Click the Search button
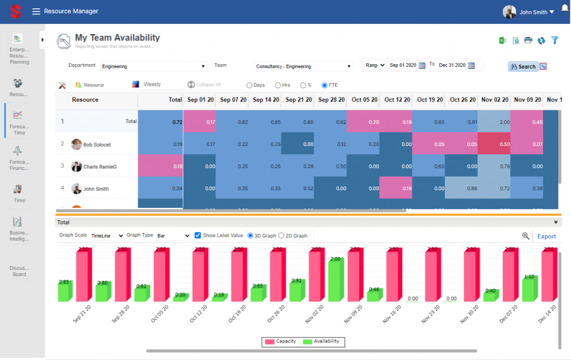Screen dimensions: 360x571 click(x=523, y=66)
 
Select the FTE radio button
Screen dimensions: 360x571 click(x=325, y=85)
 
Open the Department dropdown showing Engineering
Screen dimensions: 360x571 click(x=153, y=66)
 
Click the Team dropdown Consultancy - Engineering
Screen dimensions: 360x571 click(x=303, y=66)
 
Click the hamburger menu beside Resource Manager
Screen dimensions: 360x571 click(x=36, y=11)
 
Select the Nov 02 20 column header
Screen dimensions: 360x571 click(x=495, y=100)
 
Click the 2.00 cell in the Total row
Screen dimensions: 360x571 click(x=495, y=121)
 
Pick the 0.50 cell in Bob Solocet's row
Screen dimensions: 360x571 click(x=495, y=144)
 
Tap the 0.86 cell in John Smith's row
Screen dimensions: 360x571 click(x=462, y=189)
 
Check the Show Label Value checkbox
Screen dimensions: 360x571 click(x=198, y=235)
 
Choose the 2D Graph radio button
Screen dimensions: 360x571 click(x=282, y=236)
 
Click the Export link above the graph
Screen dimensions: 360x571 click(x=546, y=236)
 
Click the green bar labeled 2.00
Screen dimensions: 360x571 click(x=336, y=282)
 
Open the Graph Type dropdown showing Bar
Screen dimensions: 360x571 click(x=173, y=236)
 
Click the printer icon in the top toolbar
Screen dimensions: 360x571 click(x=528, y=40)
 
